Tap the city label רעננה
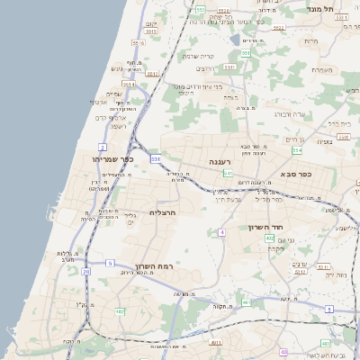coord(221,162)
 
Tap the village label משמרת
coord(318,68)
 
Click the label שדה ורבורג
coord(289,115)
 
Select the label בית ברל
coord(337,122)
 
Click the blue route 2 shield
coord(103,147)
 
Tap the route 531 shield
coord(156,158)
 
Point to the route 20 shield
coord(86,271)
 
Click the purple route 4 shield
coord(220,232)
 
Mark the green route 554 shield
coord(321,149)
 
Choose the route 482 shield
coord(120,311)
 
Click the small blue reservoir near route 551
coord(235,40)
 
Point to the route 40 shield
coord(283,353)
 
